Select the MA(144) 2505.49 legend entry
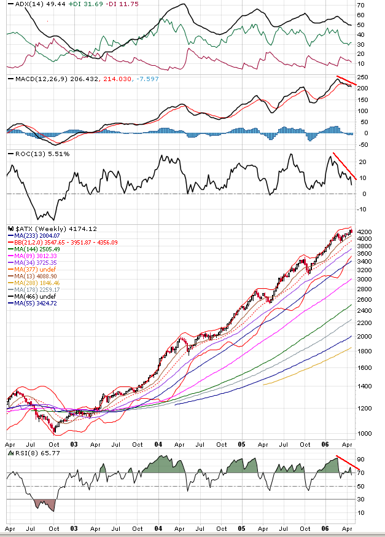[34, 249]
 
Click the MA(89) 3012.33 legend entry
[33, 256]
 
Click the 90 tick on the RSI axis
[362, 460]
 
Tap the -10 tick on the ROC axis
[362, 210]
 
